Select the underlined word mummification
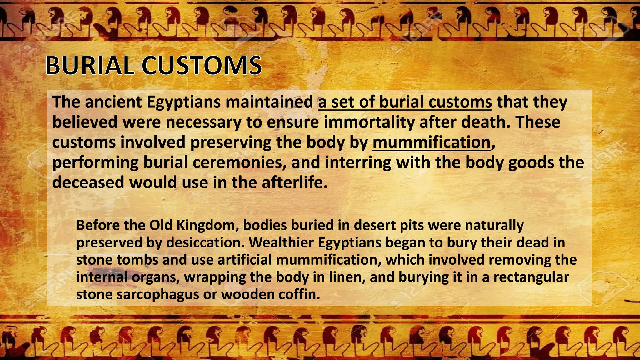coord(431,142)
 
